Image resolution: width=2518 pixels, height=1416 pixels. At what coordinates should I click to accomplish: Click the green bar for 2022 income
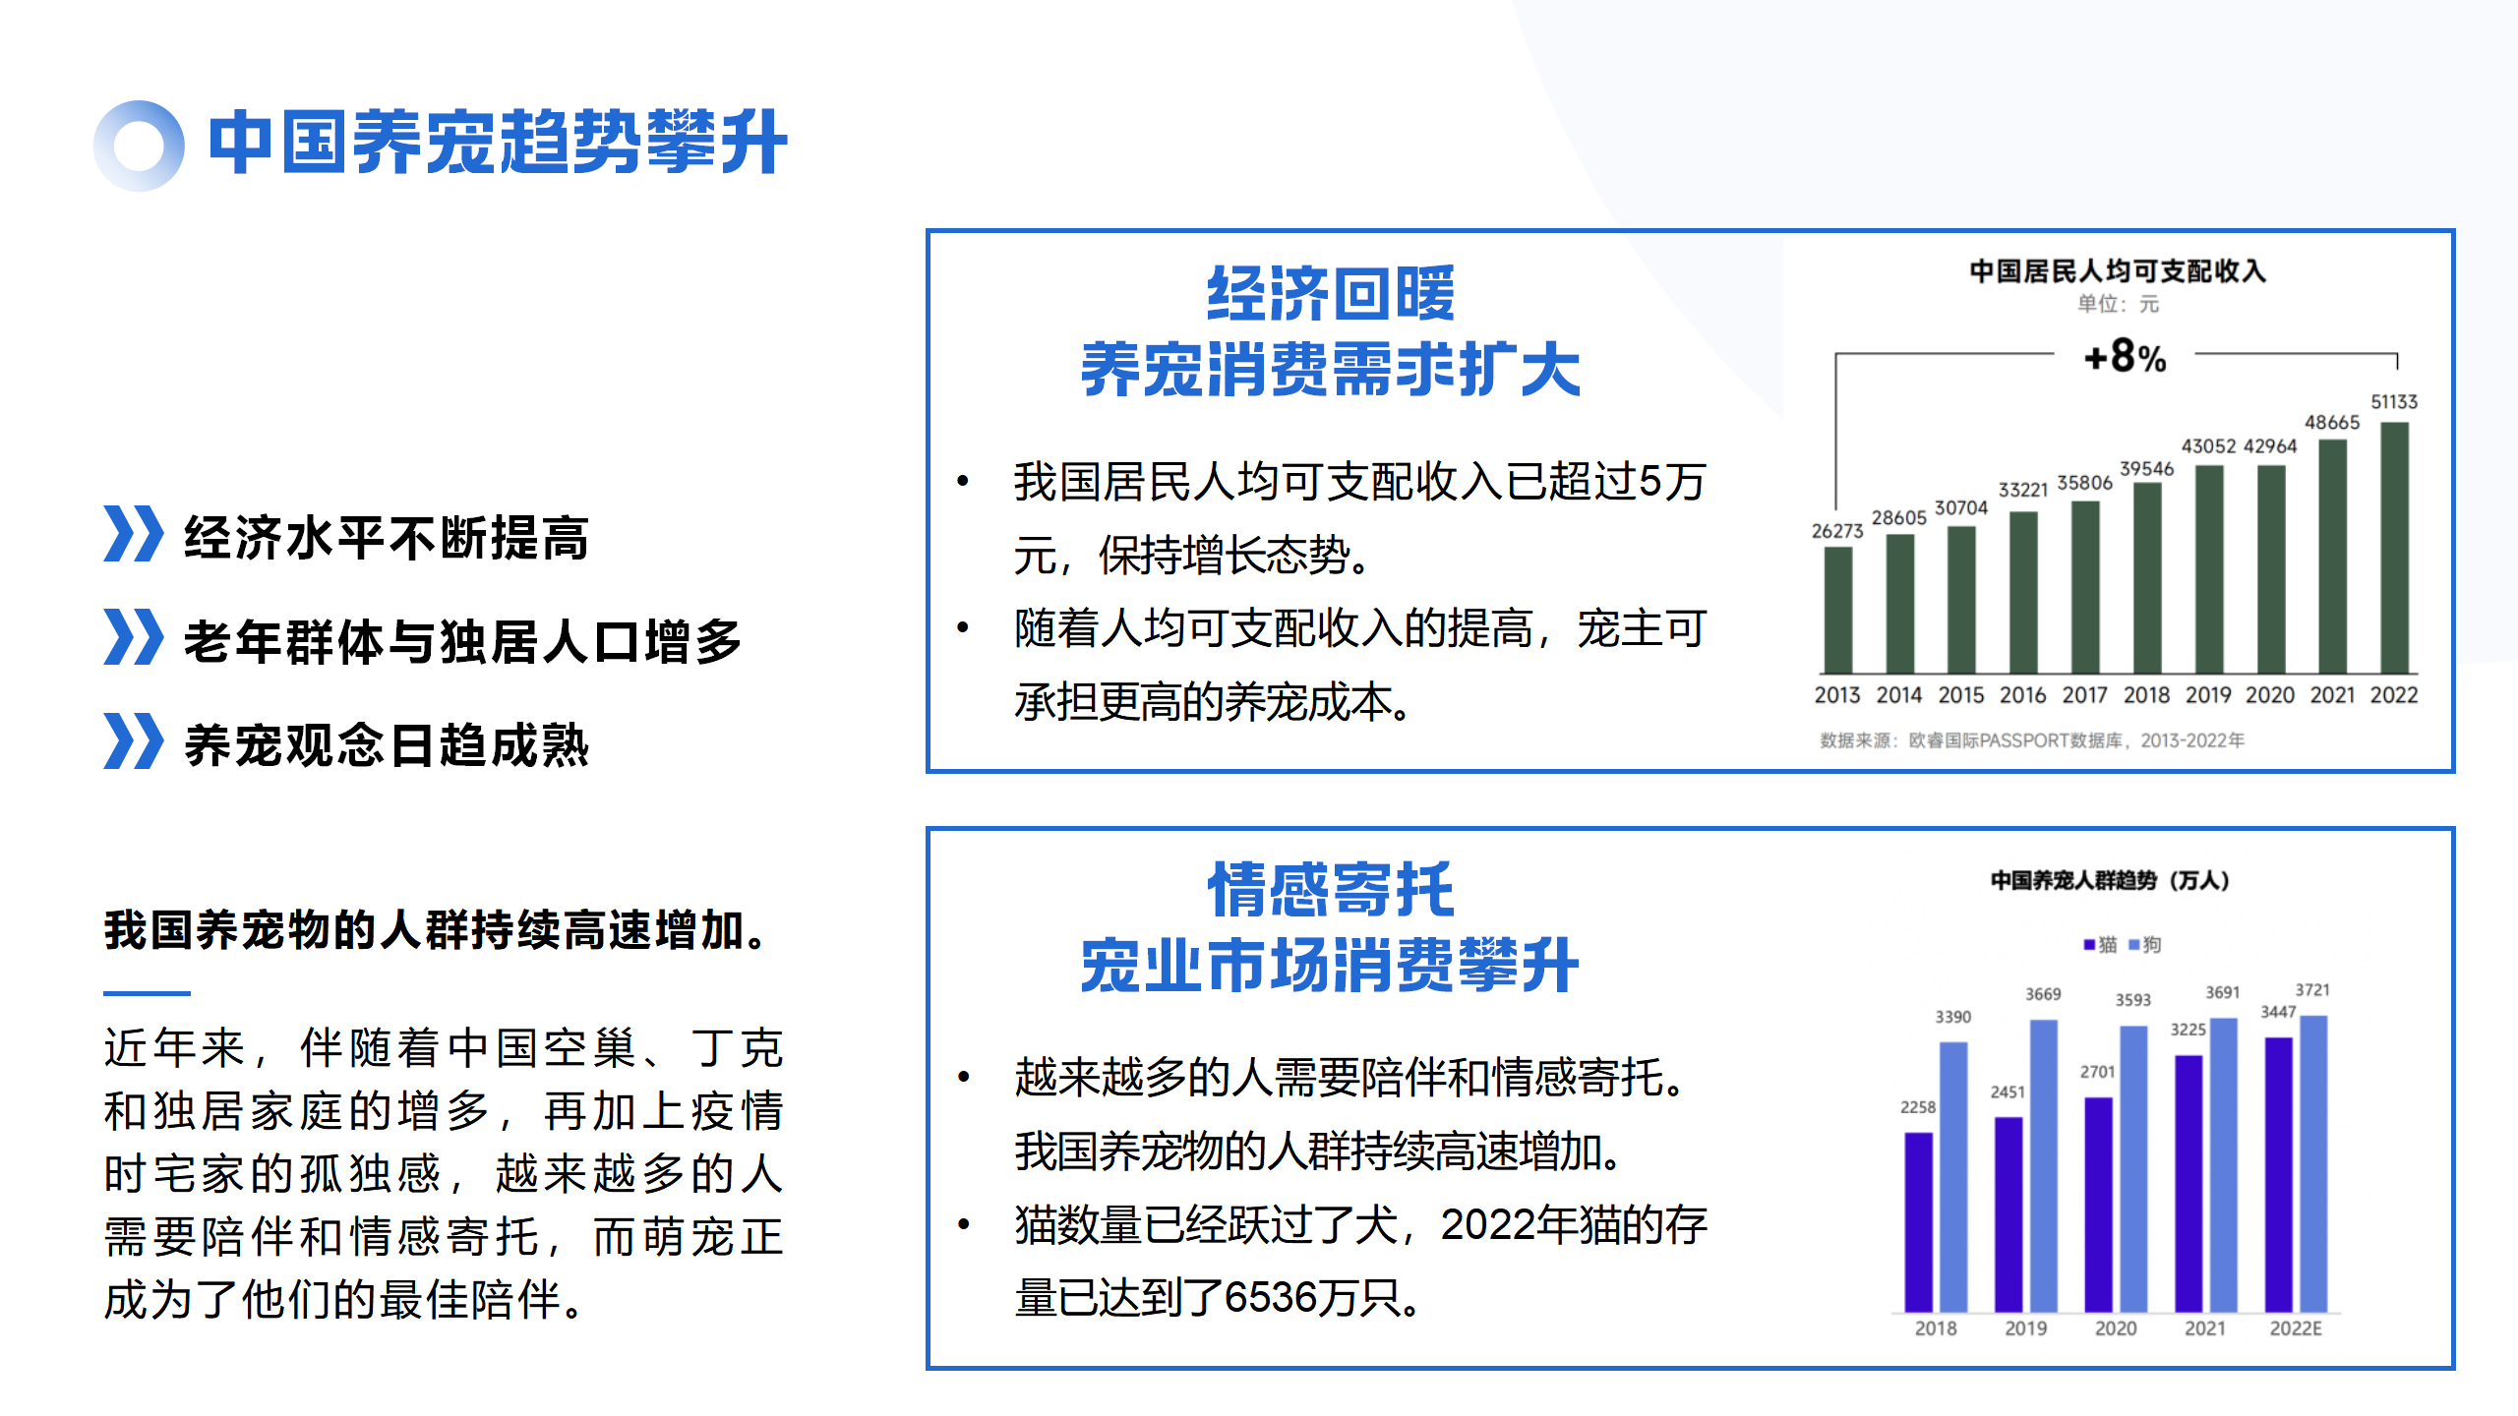2394,548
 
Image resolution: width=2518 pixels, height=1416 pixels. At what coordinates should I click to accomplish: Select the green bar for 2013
1837,610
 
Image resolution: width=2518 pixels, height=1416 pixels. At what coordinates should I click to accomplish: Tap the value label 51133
2394,401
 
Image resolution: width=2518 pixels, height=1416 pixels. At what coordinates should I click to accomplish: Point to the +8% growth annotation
2125,357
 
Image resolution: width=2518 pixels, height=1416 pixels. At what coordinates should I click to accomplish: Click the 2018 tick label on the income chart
2146,695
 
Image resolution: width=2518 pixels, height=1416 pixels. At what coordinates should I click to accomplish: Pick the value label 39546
2146,469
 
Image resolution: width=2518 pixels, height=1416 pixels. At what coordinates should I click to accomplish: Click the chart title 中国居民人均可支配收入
2118,271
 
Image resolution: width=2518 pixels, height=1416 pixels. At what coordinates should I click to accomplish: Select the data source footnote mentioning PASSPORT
2032,740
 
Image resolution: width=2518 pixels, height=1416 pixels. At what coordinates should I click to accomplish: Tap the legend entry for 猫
2100,945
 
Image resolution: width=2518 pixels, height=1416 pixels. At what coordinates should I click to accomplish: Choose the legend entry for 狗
2145,945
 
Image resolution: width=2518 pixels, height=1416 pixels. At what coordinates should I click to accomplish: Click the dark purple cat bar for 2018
1918,1222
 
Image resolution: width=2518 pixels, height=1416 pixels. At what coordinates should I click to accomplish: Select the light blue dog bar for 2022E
2313,1163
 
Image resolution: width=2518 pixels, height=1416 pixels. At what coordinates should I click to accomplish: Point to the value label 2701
2097,1072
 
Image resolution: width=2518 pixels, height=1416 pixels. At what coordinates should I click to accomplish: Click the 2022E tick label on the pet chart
2296,1328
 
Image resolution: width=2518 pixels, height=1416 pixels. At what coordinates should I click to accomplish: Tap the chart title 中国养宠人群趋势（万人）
2111,880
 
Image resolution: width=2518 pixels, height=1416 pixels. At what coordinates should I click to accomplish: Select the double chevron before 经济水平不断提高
133,534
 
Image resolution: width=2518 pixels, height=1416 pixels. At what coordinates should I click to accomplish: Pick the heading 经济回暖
1330,294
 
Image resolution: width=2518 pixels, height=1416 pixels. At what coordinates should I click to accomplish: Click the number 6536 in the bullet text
1269,1298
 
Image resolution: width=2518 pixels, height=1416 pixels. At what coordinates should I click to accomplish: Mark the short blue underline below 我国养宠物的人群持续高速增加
147,993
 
